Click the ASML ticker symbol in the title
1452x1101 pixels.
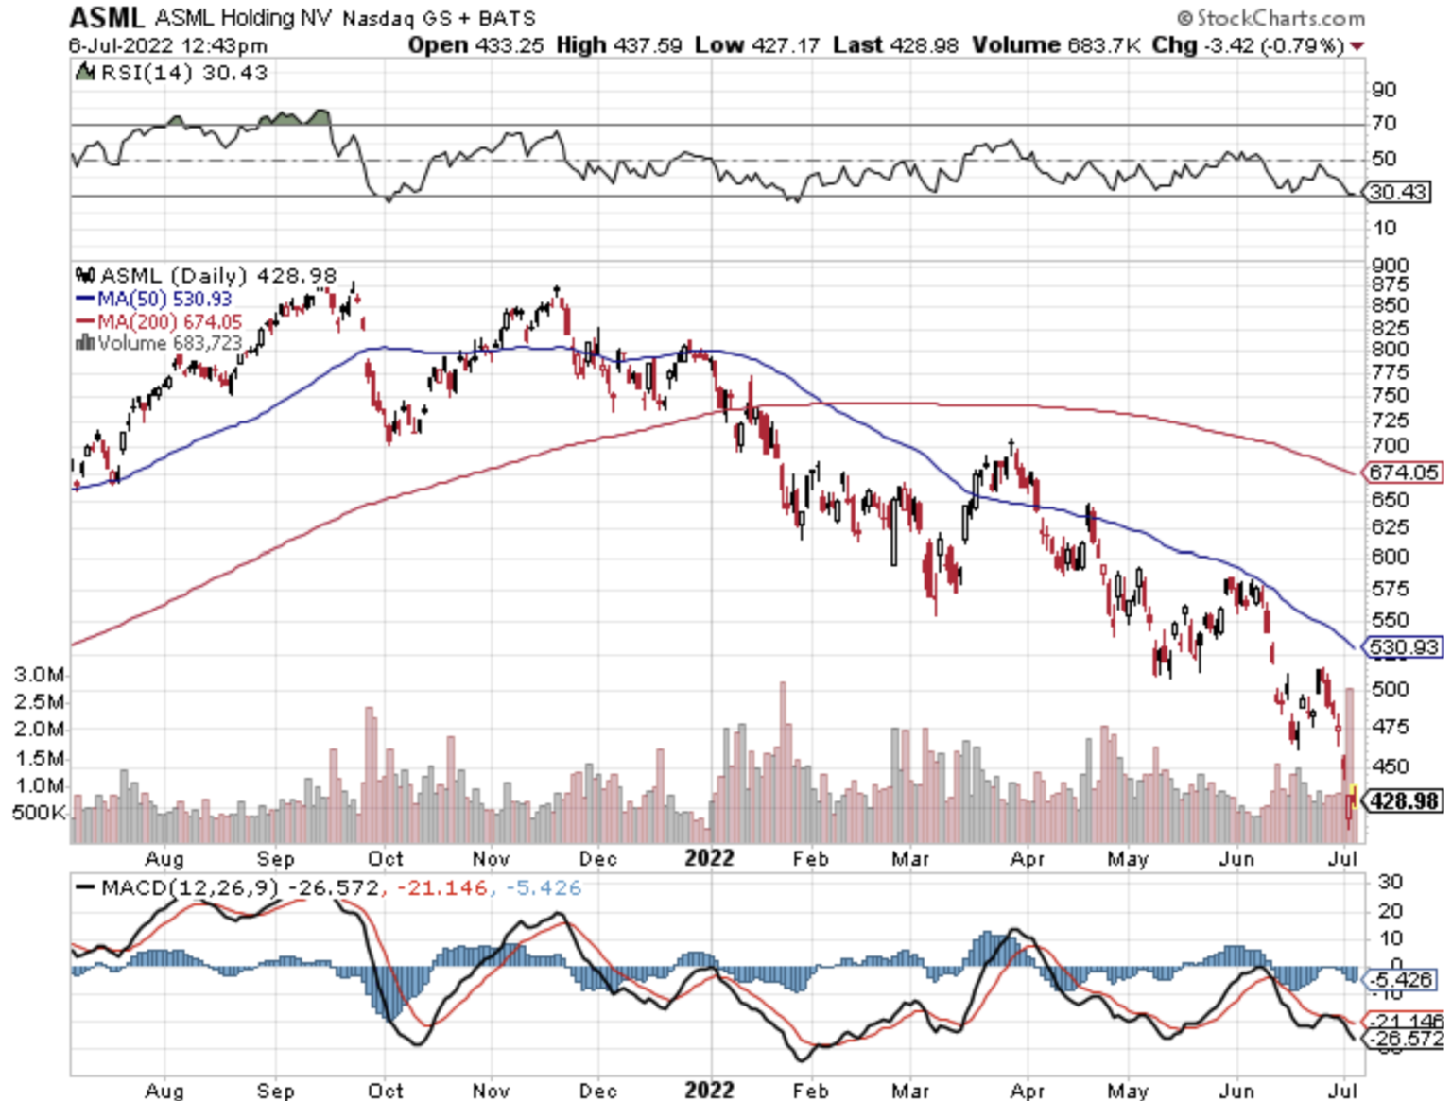(x=106, y=18)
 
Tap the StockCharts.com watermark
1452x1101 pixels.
(x=1270, y=18)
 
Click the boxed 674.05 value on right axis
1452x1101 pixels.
(x=1403, y=472)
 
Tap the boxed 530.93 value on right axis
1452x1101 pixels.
(x=1403, y=647)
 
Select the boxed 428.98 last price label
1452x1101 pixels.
(x=1405, y=801)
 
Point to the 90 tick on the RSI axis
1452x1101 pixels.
(x=1384, y=90)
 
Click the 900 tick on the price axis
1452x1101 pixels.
(x=1390, y=266)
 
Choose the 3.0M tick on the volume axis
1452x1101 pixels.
(x=40, y=675)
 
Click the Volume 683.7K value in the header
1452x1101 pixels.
(x=1057, y=45)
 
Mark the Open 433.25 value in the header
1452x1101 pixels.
(x=475, y=45)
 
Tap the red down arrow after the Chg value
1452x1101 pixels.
(x=1357, y=46)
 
